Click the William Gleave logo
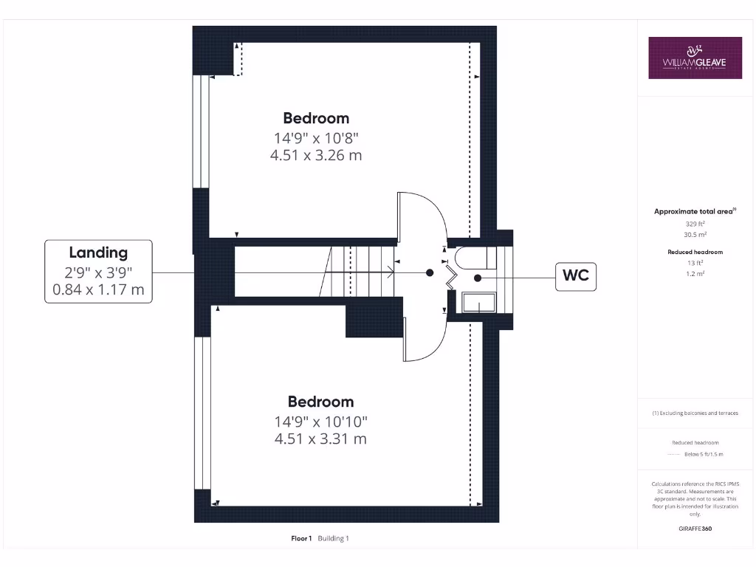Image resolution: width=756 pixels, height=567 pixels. [x=695, y=58]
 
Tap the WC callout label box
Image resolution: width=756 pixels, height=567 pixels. [x=575, y=278]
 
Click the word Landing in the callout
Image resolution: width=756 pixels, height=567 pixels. [x=98, y=252]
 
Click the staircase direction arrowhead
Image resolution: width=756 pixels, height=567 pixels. [x=391, y=272]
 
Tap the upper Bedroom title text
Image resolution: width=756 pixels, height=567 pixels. [x=316, y=118]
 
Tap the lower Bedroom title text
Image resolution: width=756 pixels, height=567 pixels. [x=320, y=402]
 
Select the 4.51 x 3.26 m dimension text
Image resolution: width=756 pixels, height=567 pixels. [x=316, y=155]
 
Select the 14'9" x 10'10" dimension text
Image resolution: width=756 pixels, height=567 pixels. [x=320, y=422]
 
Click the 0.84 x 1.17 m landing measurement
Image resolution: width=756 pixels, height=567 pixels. [x=98, y=289]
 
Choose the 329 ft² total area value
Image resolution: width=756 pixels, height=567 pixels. [x=694, y=223]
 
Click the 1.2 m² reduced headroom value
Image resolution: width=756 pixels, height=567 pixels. [x=694, y=273]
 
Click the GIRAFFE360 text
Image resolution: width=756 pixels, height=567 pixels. [x=695, y=529]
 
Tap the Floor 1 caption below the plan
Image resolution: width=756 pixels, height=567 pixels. [x=302, y=538]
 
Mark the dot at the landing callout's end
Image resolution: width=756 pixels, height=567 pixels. [x=430, y=272]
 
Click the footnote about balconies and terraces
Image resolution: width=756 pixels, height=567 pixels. [x=695, y=413]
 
